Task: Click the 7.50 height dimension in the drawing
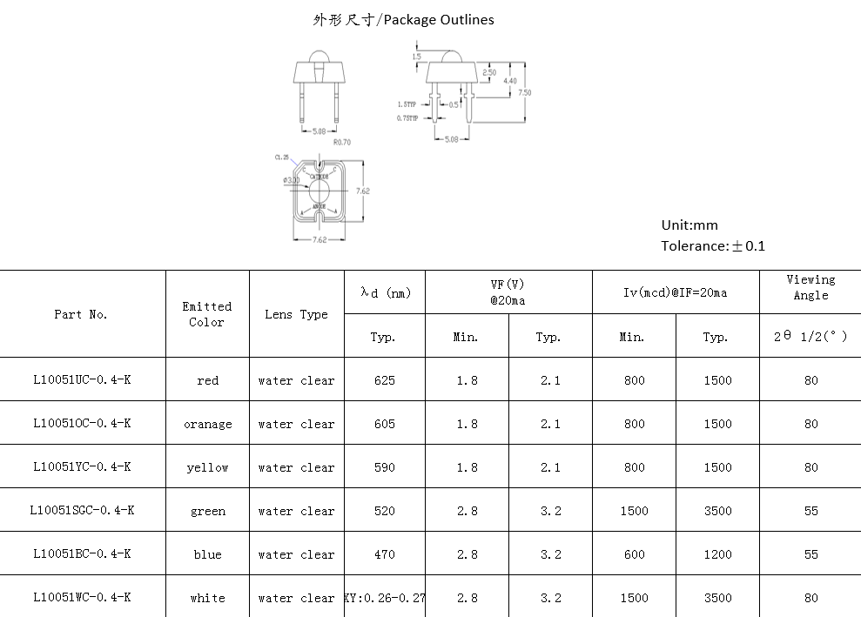click(x=524, y=92)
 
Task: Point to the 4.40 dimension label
click(x=510, y=81)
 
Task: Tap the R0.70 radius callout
click(x=342, y=142)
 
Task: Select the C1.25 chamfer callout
click(x=281, y=158)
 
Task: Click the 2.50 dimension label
click(x=489, y=73)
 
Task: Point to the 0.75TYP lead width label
click(x=407, y=117)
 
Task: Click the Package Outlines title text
click(x=403, y=19)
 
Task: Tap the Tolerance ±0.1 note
click(x=713, y=245)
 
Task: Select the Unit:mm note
click(x=689, y=225)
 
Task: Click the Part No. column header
click(x=81, y=314)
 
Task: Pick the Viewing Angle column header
click(x=811, y=287)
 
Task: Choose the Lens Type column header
click(x=296, y=314)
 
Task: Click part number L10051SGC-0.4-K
click(x=82, y=510)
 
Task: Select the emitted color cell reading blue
click(x=207, y=554)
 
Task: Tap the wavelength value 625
click(x=384, y=380)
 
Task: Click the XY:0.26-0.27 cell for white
click(x=385, y=598)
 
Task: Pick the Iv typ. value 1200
click(x=717, y=554)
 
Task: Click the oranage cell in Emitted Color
click(x=207, y=424)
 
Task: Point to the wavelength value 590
click(x=384, y=467)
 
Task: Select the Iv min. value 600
click(x=634, y=554)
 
